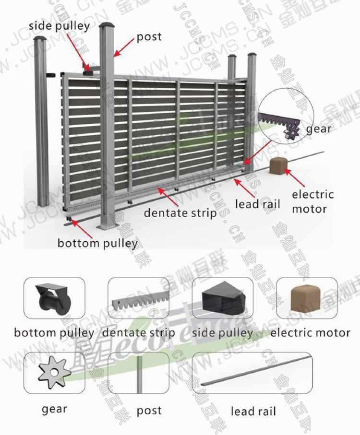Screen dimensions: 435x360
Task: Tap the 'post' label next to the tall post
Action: coord(149,37)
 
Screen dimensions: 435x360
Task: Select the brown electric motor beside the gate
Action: coord(278,167)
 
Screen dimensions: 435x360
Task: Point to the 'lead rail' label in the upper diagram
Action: coord(253,203)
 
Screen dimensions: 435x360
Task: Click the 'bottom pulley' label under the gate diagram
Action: coord(97,243)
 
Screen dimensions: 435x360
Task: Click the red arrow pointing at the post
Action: coord(124,48)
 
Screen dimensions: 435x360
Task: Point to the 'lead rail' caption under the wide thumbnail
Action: coord(253,411)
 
